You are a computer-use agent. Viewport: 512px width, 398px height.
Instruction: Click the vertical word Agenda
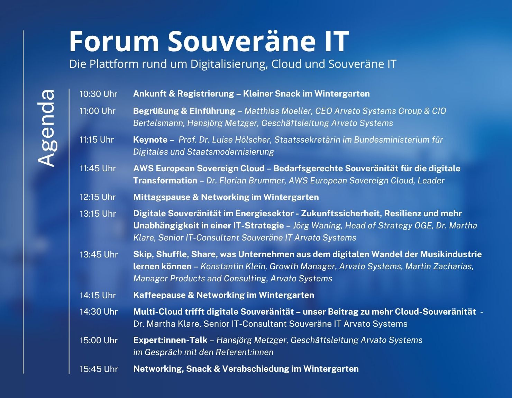(x=46, y=128)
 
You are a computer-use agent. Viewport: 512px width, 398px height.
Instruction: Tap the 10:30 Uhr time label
(x=98, y=94)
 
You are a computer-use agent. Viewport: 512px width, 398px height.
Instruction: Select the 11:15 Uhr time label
(x=97, y=140)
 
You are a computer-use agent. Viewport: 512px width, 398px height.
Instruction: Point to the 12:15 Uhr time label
(x=98, y=197)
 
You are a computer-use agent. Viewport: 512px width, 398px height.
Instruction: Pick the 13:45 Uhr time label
(x=99, y=255)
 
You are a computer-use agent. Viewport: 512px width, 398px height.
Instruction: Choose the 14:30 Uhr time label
(x=99, y=312)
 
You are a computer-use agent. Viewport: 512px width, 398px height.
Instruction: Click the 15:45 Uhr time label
(x=99, y=369)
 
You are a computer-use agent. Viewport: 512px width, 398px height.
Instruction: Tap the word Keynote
(x=150, y=140)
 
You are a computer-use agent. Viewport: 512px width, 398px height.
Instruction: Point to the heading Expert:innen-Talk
(x=170, y=340)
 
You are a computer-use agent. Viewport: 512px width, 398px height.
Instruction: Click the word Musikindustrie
(x=451, y=254)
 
